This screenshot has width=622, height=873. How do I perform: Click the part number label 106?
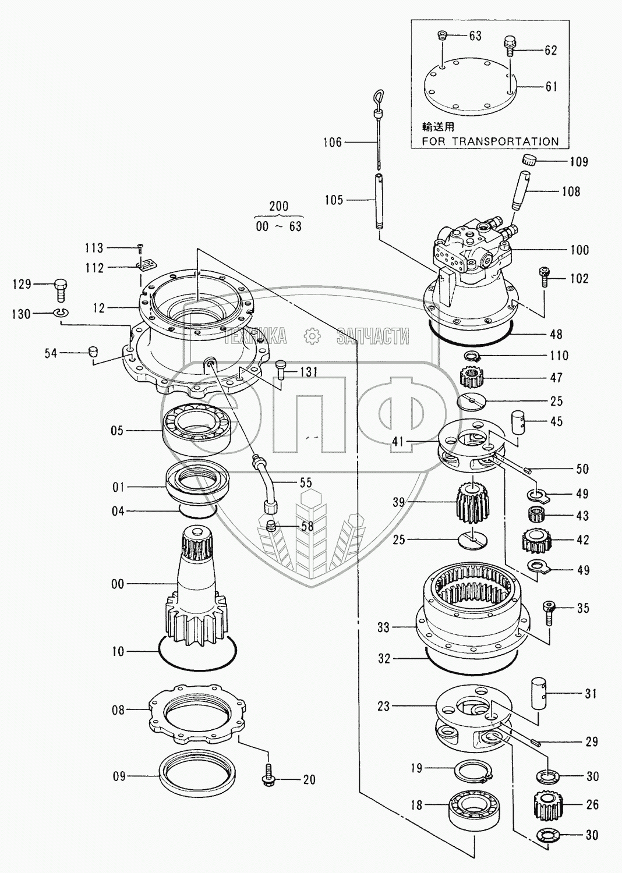[x=332, y=143]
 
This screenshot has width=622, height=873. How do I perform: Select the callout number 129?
[x=22, y=284]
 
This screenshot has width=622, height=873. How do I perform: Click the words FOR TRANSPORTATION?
[x=490, y=141]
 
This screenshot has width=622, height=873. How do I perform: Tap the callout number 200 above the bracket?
[x=279, y=206]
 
